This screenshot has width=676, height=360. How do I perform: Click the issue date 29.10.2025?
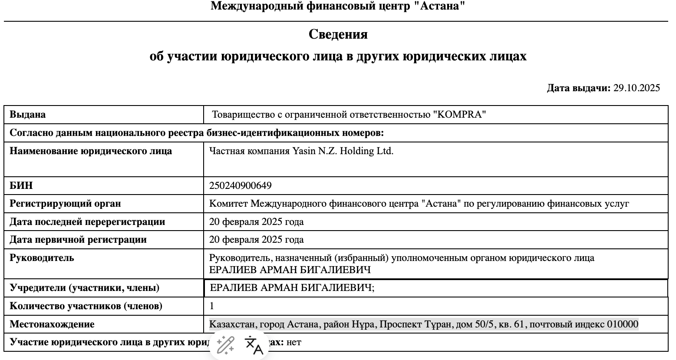[x=636, y=88]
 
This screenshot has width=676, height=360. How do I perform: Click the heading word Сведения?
[x=338, y=34]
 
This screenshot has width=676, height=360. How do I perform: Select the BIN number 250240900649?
[x=240, y=186]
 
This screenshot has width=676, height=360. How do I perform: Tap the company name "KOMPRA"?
[x=460, y=115]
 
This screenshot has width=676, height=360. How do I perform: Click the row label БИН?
[x=21, y=186]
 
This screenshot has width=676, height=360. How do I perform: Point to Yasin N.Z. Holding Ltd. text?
[x=343, y=152]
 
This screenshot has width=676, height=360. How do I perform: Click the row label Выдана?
[x=27, y=115]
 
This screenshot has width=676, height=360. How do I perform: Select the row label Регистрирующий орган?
[x=65, y=204]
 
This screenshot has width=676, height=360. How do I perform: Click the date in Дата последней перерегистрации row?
[x=256, y=222]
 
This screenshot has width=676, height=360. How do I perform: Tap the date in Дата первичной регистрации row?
[x=256, y=240]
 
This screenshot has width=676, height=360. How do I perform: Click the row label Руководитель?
[x=42, y=258]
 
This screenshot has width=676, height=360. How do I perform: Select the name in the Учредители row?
[x=292, y=287]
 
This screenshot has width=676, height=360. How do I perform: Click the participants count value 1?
[x=212, y=306]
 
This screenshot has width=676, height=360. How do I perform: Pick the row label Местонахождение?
[x=52, y=324]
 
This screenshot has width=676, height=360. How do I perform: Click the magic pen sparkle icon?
[x=225, y=345]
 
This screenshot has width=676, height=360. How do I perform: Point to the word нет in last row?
[x=294, y=342]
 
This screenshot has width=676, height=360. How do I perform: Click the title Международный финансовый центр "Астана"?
[x=338, y=6]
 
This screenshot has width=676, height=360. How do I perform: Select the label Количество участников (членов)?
[x=86, y=306]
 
